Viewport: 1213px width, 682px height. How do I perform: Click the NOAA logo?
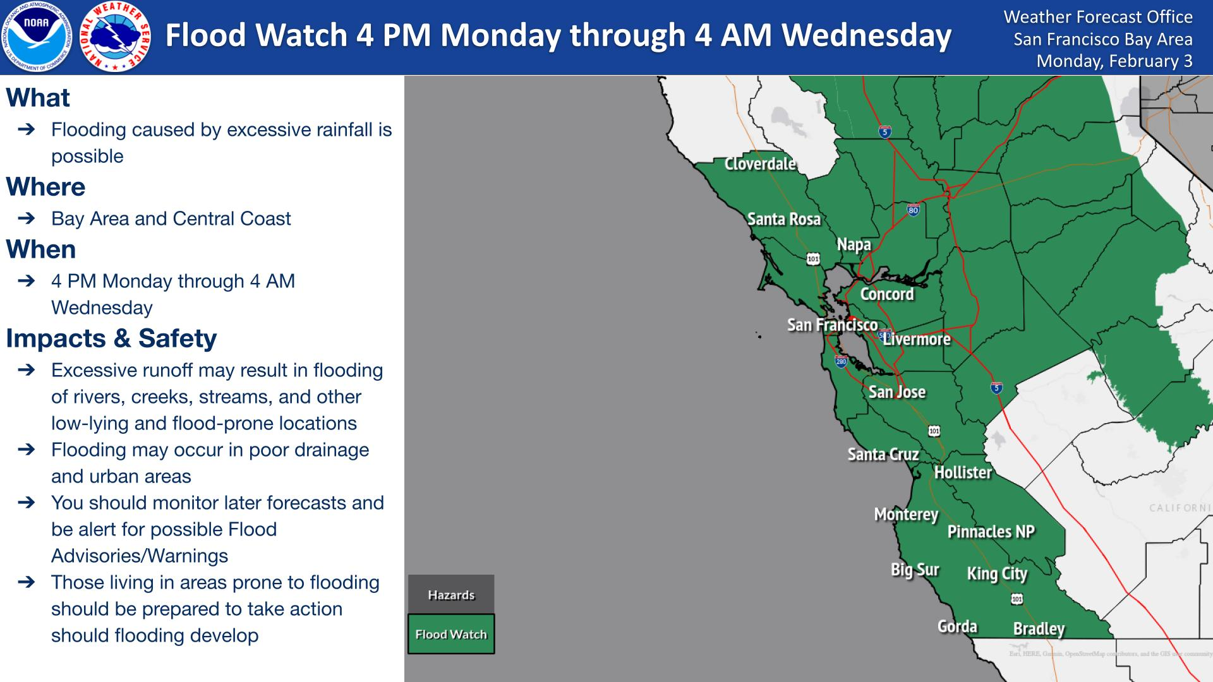click(x=36, y=37)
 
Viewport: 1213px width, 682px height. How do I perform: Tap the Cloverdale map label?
click(x=760, y=164)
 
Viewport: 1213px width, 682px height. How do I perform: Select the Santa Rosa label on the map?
click(x=784, y=219)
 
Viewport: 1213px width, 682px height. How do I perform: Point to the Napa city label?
click(x=854, y=245)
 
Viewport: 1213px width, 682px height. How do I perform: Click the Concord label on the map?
click(x=887, y=294)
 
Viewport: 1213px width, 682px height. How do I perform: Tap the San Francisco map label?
click(x=832, y=325)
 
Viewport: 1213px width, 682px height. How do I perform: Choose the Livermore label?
click(x=917, y=340)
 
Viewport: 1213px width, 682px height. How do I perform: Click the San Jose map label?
click(x=897, y=392)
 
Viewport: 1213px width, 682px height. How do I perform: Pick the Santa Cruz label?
click(x=883, y=455)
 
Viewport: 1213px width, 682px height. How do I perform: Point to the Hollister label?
click(x=963, y=472)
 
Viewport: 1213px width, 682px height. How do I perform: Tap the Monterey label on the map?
click(x=906, y=515)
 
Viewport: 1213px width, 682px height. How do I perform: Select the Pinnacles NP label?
click(x=991, y=532)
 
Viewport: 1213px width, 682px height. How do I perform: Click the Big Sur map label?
click(x=915, y=570)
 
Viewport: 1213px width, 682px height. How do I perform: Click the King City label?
click(x=997, y=574)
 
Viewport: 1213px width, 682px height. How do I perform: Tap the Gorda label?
click(x=957, y=626)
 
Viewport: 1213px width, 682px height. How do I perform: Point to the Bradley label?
click(x=1039, y=629)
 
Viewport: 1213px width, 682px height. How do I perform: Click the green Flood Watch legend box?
click(x=451, y=634)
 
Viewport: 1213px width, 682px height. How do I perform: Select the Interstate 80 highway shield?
click(x=913, y=210)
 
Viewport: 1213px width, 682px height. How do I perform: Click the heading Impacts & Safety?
click(x=111, y=338)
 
